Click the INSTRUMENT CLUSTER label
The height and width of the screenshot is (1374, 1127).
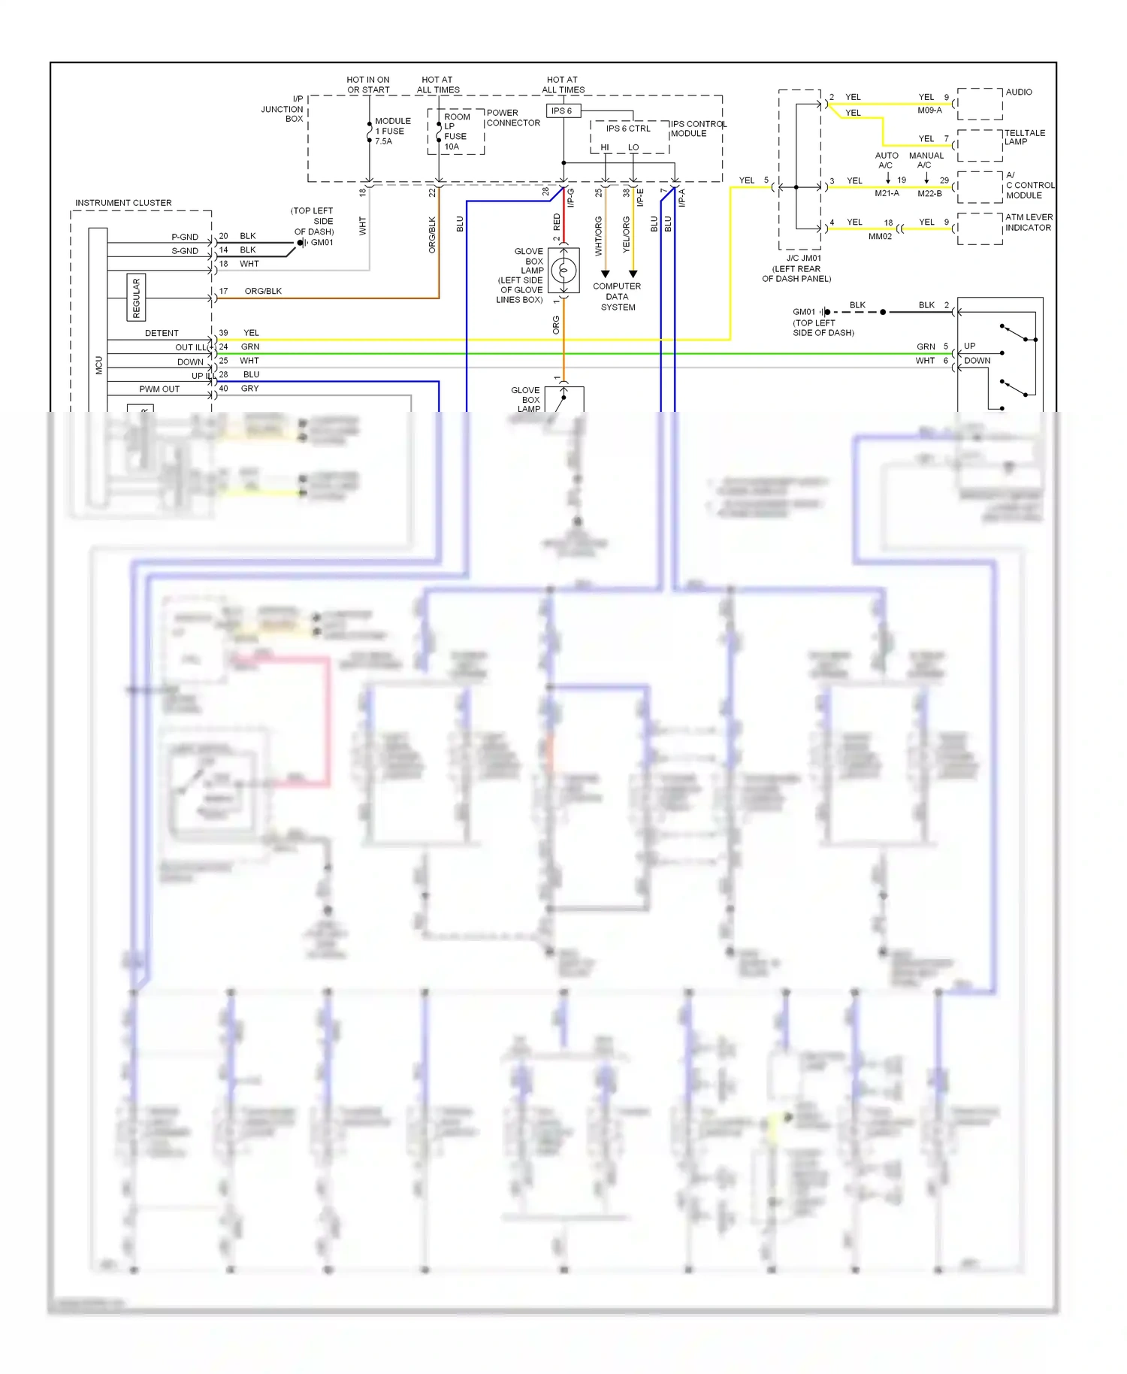123,203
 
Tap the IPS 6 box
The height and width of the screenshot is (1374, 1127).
562,111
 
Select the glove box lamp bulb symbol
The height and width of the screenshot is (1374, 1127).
563,270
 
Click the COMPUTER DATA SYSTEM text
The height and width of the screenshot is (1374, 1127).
617,297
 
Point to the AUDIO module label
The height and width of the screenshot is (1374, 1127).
1018,92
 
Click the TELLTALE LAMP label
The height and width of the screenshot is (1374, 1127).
1024,138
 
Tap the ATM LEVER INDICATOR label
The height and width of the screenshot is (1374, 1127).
1028,222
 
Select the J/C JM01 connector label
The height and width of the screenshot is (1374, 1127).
803,259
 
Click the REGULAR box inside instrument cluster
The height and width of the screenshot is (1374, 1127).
136,298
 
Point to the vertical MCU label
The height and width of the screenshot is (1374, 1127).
98,365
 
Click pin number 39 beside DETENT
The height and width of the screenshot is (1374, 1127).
223,333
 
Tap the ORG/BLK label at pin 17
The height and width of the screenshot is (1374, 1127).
263,292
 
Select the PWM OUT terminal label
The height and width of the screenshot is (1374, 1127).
159,389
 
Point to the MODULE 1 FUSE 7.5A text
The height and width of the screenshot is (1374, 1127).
392,131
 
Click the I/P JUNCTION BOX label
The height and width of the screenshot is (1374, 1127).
283,109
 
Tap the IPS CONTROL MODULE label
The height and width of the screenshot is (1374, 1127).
698,129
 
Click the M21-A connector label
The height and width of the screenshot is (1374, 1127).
887,194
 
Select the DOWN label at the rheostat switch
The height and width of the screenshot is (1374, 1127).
977,361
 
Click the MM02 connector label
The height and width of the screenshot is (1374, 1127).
880,237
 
